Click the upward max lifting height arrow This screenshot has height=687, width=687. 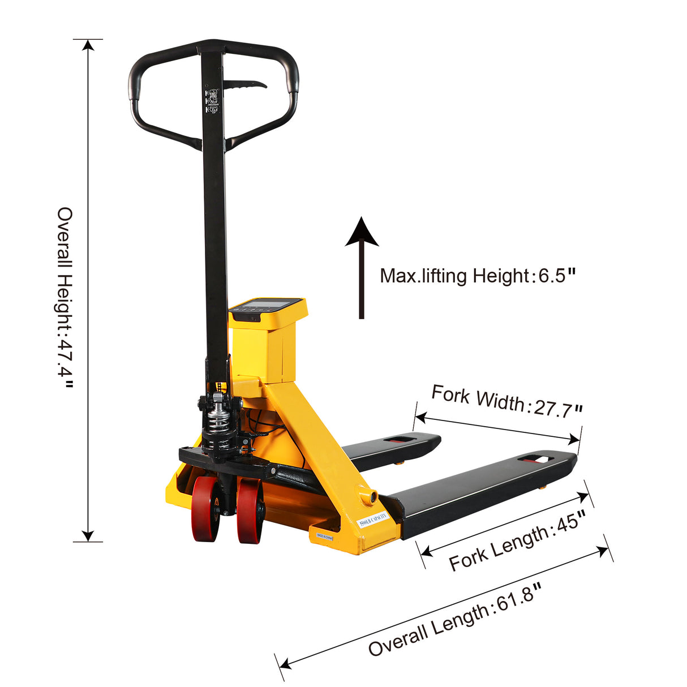tap(362, 266)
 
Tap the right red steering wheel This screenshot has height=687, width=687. tap(249, 511)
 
